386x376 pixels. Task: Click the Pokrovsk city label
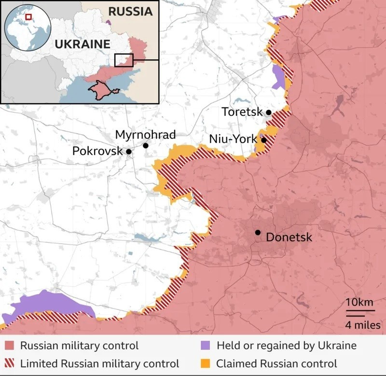click(97, 151)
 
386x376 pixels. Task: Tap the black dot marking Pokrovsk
click(129, 152)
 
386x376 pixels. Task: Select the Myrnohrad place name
click(145, 135)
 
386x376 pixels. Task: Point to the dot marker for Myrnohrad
click(146, 145)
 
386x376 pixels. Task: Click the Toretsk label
click(242, 112)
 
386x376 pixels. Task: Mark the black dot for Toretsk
click(269, 112)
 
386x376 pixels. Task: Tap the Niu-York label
click(233, 139)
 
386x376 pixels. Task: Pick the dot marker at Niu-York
click(264, 140)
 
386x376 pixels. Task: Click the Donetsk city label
click(289, 237)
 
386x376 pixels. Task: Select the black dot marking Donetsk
click(258, 233)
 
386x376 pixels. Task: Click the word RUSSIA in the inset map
click(130, 12)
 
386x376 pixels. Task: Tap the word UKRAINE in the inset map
click(83, 44)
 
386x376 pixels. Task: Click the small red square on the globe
click(28, 17)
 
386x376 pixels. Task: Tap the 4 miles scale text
click(362, 325)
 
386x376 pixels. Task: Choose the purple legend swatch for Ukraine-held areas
click(205, 346)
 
